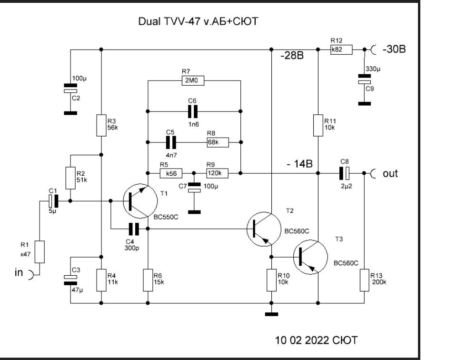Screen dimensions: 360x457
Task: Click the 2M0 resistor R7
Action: [x=192, y=81]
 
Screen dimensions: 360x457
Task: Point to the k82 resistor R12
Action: [x=341, y=49]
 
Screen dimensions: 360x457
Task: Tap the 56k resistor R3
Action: [x=101, y=125]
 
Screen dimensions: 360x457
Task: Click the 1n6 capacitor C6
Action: [x=192, y=111]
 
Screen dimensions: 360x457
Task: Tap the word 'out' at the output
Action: [x=390, y=173]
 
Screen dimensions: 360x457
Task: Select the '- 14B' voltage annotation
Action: [x=299, y=164]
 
